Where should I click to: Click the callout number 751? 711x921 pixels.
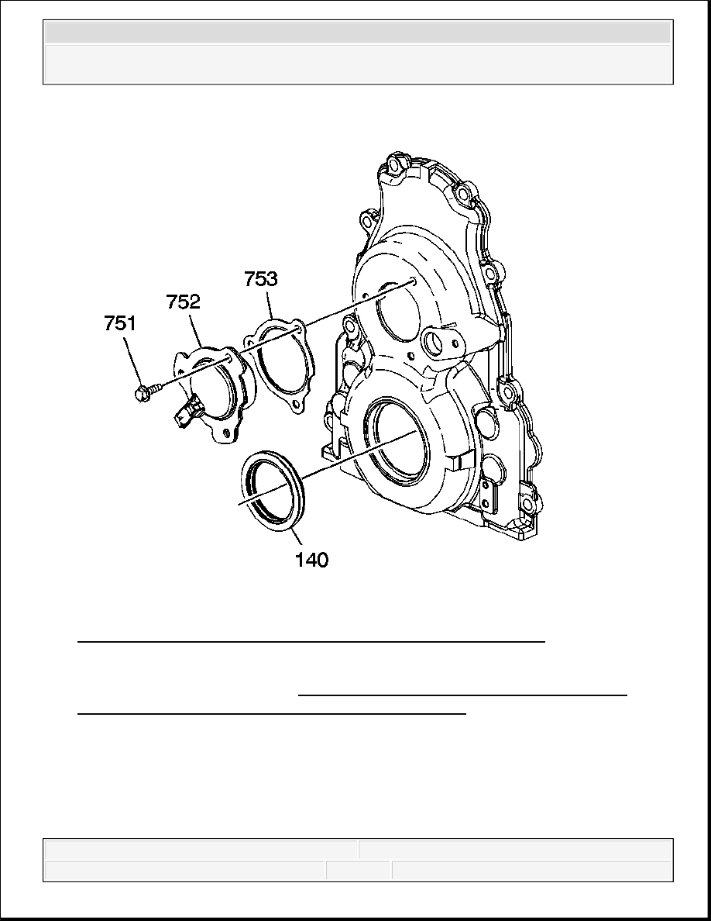click(x=120, y=323)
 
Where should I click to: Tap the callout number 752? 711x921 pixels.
click(x=183, y=302)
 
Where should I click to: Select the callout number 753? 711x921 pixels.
click(x=261, y=278)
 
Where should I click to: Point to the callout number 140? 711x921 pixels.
click(x=311, y=560)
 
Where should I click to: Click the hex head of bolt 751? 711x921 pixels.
click(x=141, y=394)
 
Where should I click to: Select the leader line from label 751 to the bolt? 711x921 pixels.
click(x=133, y=361)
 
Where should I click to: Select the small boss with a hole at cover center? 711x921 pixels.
click(x=437, y=341)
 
